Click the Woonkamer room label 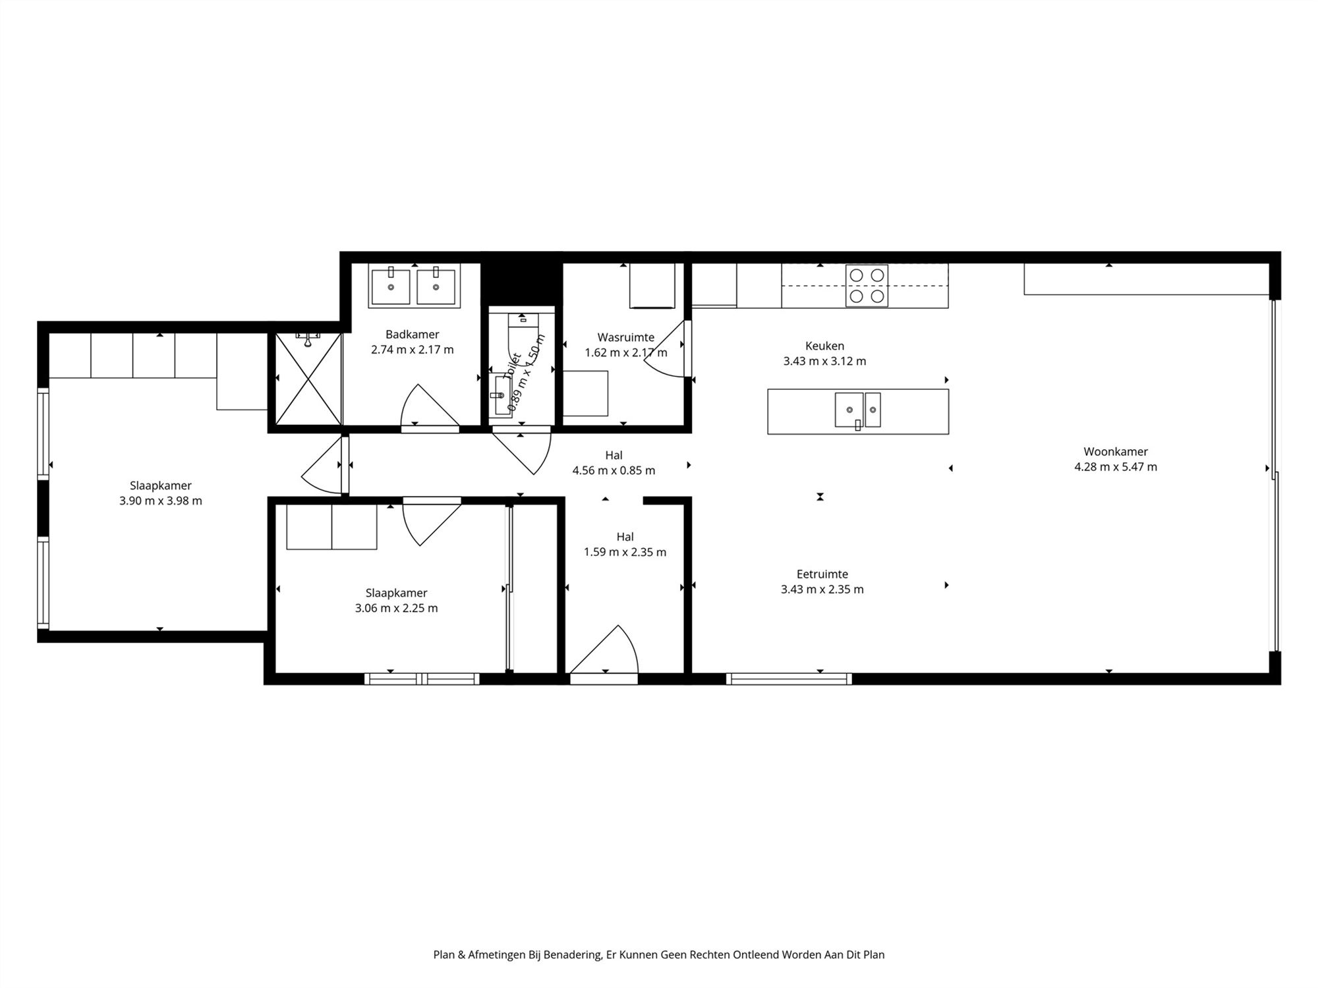click(1115, 452)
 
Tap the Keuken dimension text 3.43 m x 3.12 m click(824, 361)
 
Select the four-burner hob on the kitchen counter click(867, 286)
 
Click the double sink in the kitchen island click(857, 410)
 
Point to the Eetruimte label click(822, 574)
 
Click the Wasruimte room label click(625, 337)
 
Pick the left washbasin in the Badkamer click(390, 287)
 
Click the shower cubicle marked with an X click(308, 379)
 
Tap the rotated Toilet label click(512, 366)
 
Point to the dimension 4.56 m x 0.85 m click(614, 470)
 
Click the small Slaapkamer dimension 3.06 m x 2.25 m click(396, 608)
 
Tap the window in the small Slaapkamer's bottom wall click(422, 678)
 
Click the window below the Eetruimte click(789, 678)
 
